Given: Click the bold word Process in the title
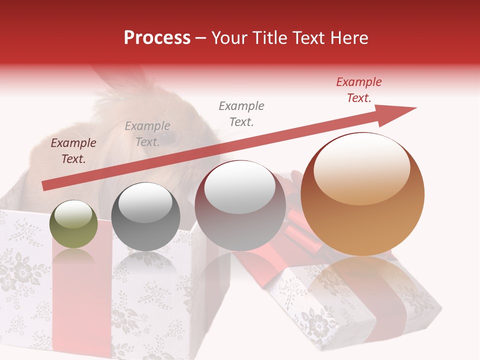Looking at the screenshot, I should tap(157, 38).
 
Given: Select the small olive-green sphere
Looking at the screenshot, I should tap(74, 224).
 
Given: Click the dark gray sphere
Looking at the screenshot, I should tap(145, 217).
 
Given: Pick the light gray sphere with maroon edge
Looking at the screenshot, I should tap(240, 205).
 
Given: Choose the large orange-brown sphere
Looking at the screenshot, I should tap(362, 194).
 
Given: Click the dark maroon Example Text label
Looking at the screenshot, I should tap(73, 151).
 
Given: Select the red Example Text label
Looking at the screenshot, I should tap(358, 90).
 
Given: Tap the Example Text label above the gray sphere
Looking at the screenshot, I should tap(147, 134).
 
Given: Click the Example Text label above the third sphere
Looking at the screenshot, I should tap(241, 113).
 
